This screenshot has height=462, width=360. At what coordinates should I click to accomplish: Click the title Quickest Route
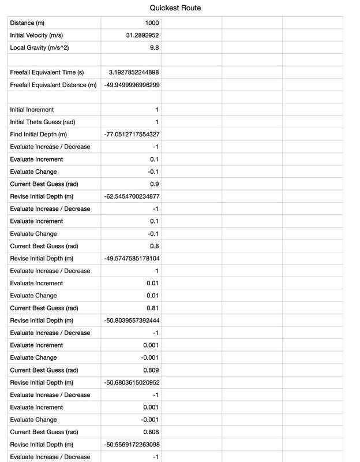pyautogui.click(x=175, y=8)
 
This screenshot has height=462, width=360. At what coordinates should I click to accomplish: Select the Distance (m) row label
pyautogui.click(x=27, y=23)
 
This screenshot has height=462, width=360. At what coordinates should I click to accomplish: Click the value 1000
pyautogui.click(x=152, y=23)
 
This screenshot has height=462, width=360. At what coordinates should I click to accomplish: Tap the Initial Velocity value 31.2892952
pyautogui.click(x=142, y=35)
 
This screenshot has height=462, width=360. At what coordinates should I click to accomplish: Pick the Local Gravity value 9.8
pyautogui.click(x=153, y=47)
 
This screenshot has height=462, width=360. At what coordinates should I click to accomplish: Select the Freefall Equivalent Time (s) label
pyautogui.click(x=47, y=72)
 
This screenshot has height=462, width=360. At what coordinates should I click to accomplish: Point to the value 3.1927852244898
pyautogui.click(x=134, y=72)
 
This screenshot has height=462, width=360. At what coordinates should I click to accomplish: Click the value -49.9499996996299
pyautogui.click(x=132, y=85)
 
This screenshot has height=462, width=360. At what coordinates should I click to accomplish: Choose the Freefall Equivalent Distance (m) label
pyautogui.click(x=53, y=85)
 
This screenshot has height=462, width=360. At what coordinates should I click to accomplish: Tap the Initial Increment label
pyautogui.click(x=32, y=110)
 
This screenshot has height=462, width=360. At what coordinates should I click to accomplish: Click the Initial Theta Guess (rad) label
pyautogui.click(x=43, y=122)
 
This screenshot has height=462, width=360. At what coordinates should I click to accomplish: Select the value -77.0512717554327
pyautogui.click(x=132, y=135)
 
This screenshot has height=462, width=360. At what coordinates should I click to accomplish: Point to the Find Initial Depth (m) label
pyautogui.click(x=39, y=135)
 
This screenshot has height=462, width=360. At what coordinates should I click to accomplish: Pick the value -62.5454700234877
pyautogui.click(x=132, y=196)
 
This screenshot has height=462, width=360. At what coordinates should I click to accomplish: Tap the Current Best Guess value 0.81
pyautogui.click(x=152, y=308)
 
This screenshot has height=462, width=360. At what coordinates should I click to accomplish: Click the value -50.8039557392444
pyautogui.click(x=132, y=321)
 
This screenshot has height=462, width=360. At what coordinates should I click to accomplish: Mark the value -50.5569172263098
pyautogui.click(x=132, y=445)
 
